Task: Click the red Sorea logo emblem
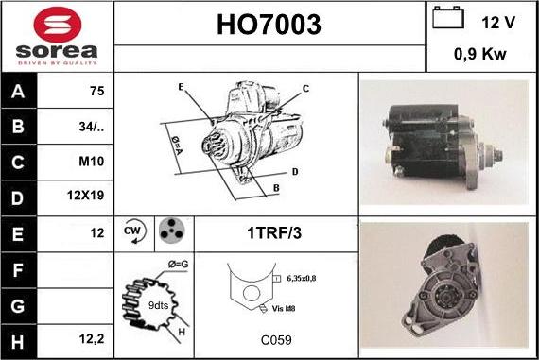point(58,26)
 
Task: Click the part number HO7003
point(269,25)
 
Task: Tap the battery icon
point(448,17)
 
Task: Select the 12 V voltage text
point(498,23)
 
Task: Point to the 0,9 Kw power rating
point(480,54)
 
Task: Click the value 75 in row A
point(96,91)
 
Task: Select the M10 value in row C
point(91,162)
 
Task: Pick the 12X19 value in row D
point(85,195)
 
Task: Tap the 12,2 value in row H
point(92,339)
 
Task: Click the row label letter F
point(18,270)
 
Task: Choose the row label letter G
point(18,306)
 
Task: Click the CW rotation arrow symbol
point(133,231)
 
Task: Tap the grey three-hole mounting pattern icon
point(171,231)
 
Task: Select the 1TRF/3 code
point(274,232)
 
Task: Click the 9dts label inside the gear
point(158,305)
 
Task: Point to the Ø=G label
point(178,265)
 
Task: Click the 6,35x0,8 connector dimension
point(301,278)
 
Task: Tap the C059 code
point(276,340)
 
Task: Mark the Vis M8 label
point(284,308)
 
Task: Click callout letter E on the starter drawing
point(182,87)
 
